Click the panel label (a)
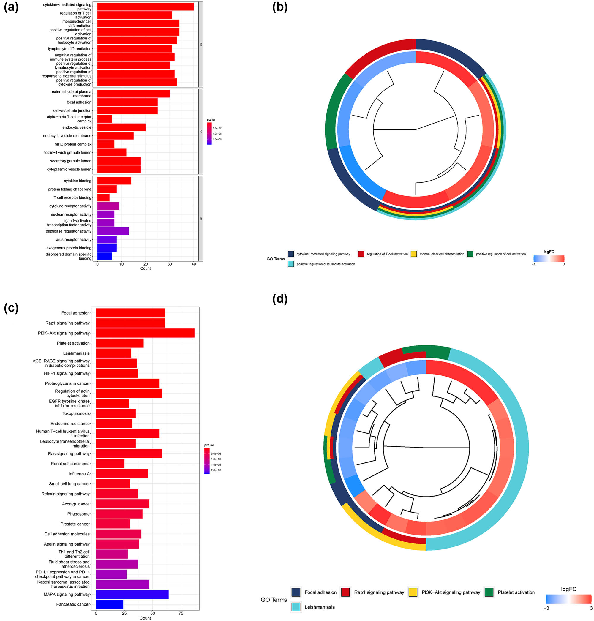point(11,7)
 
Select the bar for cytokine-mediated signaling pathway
point(145,7)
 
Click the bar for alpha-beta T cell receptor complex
point(105,119)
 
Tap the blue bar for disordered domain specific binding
point(105,256)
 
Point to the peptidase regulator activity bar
point(113,231)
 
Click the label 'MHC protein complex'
point(73,144)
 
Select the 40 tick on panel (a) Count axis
point(194,264)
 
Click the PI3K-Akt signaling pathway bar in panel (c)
point(145,333)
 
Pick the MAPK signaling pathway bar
point(132,594)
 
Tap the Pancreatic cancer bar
point(109,604)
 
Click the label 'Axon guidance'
point(76,504)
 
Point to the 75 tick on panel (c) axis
point(181,613)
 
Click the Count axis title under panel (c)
point(145,618)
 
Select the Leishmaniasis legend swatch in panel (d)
point(296,607)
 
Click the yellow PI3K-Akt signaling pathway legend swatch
point(413,592)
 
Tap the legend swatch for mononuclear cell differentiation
point(413,254)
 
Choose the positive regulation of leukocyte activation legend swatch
point(291,264)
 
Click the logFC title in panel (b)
point(549,252)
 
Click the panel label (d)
point(280,299)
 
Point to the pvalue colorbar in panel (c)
point(207,461)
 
